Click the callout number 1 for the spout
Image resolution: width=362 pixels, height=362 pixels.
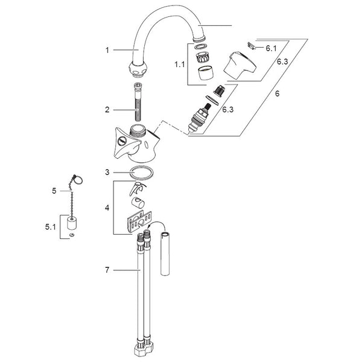point(107,50)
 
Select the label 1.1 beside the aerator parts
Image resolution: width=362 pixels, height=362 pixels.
point(179,65)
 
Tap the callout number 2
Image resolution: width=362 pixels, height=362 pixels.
point(107,110)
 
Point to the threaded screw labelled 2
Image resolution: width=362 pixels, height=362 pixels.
point(138,101)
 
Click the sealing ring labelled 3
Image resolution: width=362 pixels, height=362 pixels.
point(142,173)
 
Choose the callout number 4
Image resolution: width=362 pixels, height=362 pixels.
point(107,208)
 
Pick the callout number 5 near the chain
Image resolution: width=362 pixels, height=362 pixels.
point(54,191)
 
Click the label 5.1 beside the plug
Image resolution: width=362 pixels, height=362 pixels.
point(50,227)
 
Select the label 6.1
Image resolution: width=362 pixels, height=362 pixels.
point(271,48)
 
